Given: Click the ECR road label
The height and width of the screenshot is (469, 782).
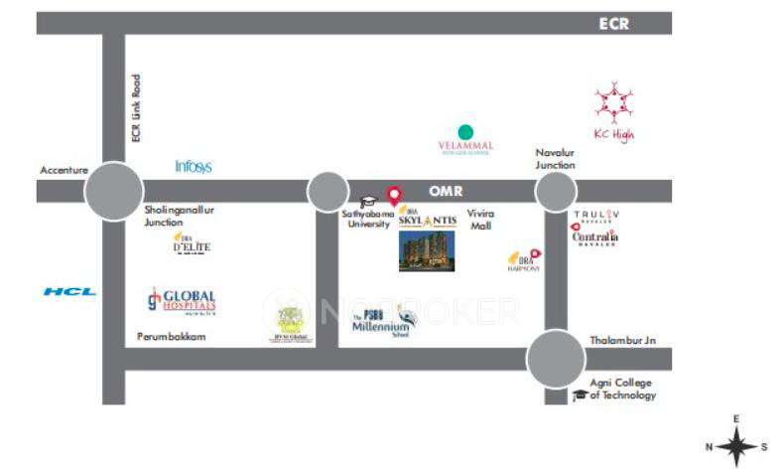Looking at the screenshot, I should [614, 24].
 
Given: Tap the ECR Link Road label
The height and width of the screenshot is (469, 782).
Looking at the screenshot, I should [136, 107].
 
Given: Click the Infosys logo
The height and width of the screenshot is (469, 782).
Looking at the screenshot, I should [194, 167].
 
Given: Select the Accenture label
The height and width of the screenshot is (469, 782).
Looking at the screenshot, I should [65, 170].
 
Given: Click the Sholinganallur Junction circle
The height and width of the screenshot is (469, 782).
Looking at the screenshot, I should [113, 192].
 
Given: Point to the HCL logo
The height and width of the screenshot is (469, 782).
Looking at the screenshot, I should [69, 291].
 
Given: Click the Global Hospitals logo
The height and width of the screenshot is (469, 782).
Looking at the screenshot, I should [181, 301].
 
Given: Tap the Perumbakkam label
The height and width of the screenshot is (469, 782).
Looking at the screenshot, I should [171, 338].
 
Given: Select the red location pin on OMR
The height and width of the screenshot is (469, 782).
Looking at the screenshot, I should [394, 196].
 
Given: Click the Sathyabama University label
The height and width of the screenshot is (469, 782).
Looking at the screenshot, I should [367, 219].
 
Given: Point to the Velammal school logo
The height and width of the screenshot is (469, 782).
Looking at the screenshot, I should [465, 139].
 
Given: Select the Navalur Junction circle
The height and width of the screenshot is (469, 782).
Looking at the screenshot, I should [555, 192].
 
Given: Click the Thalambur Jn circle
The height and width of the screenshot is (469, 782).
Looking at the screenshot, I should [556, 359].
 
